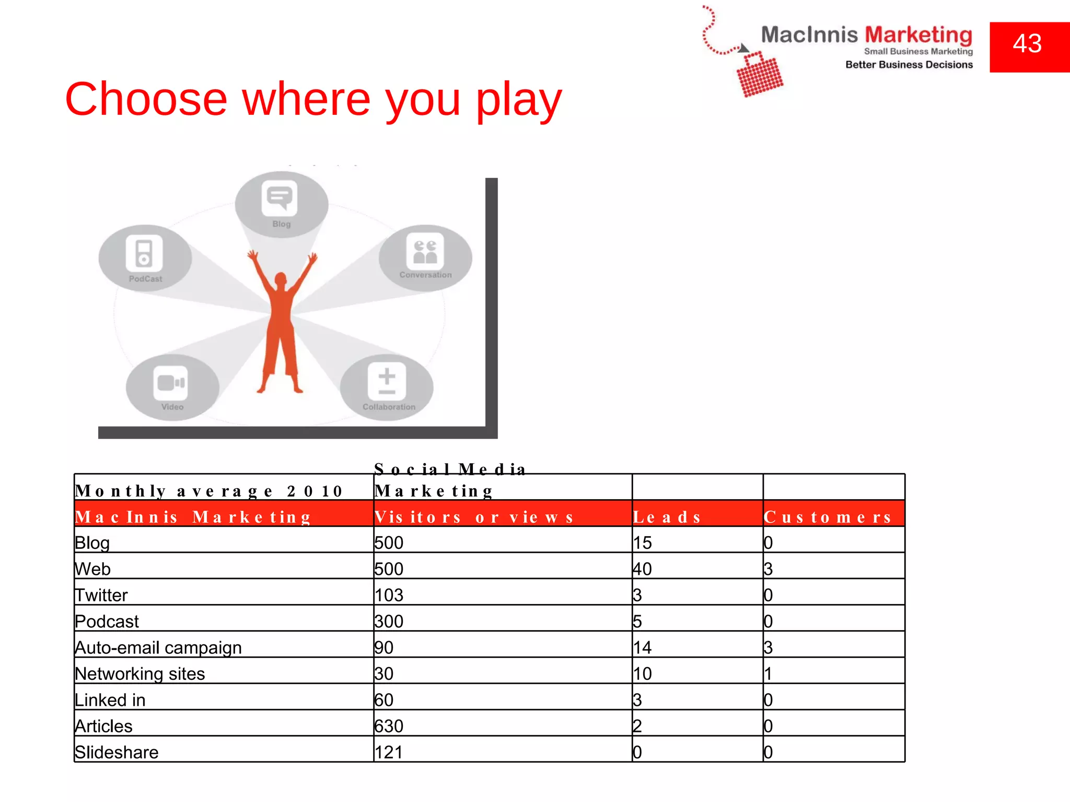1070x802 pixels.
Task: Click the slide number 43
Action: point(1027,44)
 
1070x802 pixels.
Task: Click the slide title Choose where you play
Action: point(313,99)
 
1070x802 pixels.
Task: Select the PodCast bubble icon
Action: point(144,253)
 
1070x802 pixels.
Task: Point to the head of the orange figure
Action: point(281,280)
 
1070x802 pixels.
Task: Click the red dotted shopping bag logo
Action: point(759,75)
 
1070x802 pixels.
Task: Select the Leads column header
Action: point(667,517)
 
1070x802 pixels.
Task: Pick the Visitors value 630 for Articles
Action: point(389,726)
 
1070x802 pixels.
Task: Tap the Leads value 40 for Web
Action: point(643,569)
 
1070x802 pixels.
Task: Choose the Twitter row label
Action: point(101,595)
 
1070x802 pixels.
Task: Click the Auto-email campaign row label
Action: point(158,647)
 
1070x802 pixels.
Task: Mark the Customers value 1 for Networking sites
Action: point(768,674)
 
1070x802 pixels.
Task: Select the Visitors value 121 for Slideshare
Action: point(389,752)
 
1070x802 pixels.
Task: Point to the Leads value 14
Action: point(643,647)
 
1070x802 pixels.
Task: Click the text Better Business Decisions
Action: point(909,65)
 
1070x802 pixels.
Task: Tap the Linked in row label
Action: point(110,700)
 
